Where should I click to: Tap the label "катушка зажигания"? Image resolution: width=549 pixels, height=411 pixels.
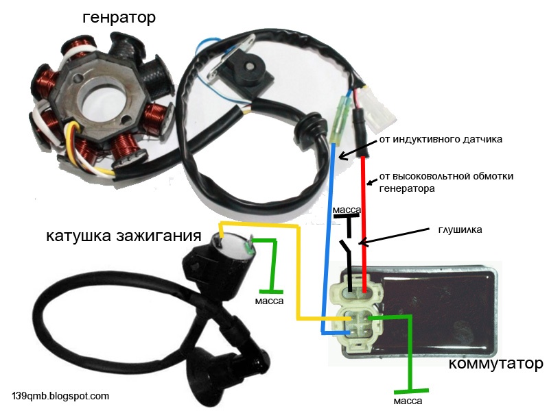click(124, 237)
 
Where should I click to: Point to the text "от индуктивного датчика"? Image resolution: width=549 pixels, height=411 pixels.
click(441, 139)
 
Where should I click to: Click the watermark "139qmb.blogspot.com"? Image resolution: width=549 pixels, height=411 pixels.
click(60, 396)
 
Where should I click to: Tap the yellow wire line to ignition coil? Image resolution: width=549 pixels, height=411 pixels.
click(299, 274)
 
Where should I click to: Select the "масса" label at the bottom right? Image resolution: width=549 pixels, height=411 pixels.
click(408, 400)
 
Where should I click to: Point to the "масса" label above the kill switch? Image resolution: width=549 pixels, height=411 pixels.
click(347, 209)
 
